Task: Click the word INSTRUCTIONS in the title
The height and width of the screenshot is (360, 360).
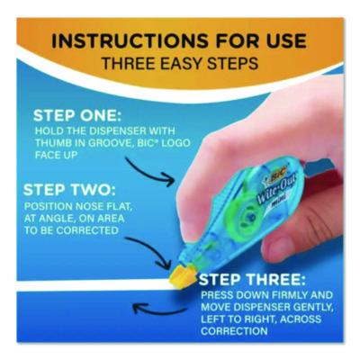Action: coord(129,40)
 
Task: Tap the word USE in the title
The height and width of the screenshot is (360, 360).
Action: coord(282,40)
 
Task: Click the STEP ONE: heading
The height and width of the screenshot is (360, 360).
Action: coord(77,116)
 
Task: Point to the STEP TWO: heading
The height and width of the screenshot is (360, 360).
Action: coord(69,190)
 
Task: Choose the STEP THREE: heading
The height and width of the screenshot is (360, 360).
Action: coord(252,280)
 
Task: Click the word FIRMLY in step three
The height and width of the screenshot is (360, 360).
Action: coord(289,295)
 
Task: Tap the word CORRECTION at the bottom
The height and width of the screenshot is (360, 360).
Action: coord(234,331)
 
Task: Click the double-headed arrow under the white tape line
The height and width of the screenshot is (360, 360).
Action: coord(160,310)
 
